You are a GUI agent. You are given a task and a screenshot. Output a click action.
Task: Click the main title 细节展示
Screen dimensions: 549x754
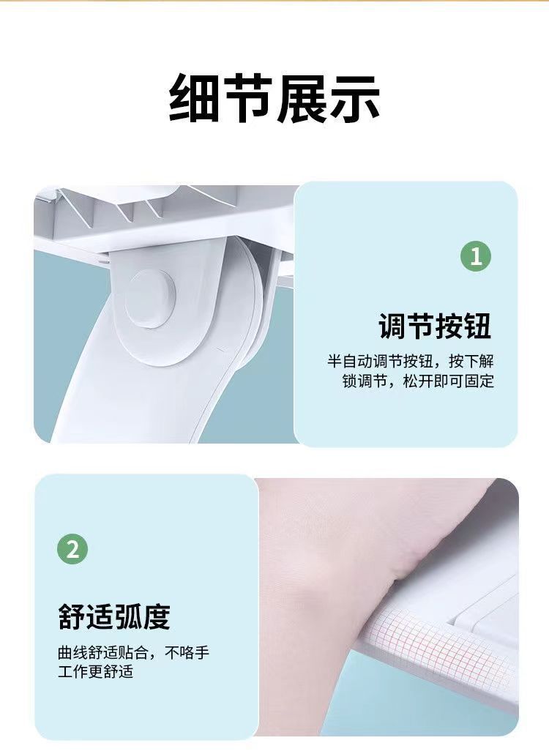[x=274, y=98]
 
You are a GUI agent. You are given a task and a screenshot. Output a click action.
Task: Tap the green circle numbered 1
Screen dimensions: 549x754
[x=476, y=255]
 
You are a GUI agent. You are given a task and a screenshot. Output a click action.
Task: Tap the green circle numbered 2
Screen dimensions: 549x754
[x=72, y=549]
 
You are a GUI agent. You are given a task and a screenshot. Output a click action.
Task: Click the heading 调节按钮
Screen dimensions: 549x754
[x=435, y=326]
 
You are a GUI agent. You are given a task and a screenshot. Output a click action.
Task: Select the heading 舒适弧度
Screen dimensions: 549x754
[x=114, y=616]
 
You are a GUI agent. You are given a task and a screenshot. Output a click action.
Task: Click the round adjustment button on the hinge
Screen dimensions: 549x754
[x=151, y=299]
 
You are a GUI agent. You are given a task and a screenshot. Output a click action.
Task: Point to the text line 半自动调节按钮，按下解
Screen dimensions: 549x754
[x=411, y=361]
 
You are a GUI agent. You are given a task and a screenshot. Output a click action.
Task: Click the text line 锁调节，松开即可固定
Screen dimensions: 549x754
[x=418, y=381]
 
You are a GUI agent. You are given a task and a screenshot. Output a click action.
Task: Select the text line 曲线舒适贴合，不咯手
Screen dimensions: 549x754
[x=134, y=653]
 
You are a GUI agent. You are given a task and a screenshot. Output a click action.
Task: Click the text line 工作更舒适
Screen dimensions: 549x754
[x=95, y=672]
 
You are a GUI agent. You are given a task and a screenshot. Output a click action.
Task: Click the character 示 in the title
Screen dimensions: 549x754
[x=355, y=98]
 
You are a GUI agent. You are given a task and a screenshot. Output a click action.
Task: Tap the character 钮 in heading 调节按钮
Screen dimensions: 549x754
[x=477, y=326]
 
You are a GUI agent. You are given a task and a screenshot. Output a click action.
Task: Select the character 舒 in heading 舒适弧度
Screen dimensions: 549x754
[x=72, y=616]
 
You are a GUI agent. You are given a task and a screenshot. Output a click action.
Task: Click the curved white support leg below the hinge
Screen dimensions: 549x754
[x=144, y=395]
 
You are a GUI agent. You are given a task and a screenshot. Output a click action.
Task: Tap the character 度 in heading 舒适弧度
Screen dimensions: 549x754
[x=157, y=616]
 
